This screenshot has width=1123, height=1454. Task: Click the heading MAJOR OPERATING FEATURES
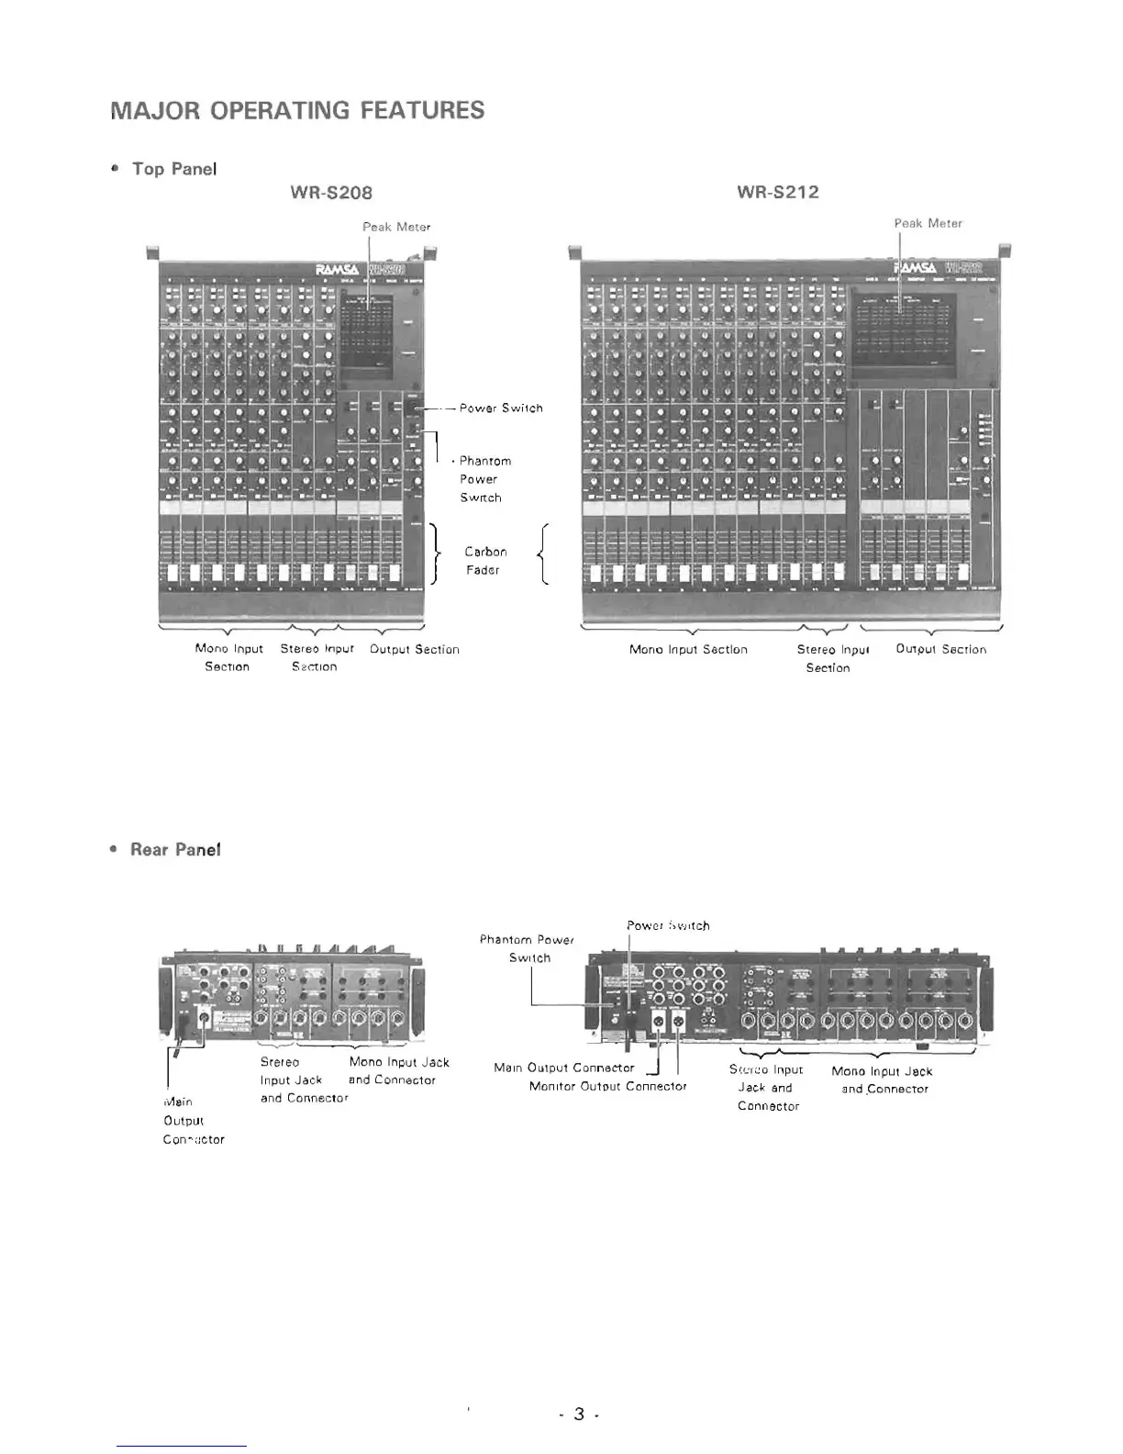tap(297, 111)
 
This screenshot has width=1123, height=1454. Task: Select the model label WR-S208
tap(331, 193)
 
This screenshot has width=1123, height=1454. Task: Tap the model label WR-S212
tap(778, 193)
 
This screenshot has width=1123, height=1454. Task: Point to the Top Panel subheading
tap(174, 169)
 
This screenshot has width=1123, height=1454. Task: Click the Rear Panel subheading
tap(175, 850)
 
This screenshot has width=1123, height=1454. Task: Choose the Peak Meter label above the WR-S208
tap(396, 227)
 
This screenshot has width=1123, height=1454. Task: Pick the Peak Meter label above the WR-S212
tap(928, 223)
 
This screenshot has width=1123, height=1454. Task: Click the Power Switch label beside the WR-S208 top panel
tap(501, 408)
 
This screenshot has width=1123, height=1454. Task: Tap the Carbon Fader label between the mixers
tap(484, 561)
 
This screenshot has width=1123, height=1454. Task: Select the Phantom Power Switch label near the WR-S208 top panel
tap(484, 479)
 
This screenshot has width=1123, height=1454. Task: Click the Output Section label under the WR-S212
tap(940, 649)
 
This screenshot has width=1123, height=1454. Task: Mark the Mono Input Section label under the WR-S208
tap(228, 657)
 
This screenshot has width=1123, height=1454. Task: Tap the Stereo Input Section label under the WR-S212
tap(831, 658)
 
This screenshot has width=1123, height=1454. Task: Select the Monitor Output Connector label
tap(607, 1086)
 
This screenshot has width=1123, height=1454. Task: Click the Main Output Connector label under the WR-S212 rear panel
tap(564, 1068)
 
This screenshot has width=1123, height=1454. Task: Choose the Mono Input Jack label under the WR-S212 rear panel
tap(883, 1079)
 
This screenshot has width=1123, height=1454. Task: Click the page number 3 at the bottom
tap(579, 1414)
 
